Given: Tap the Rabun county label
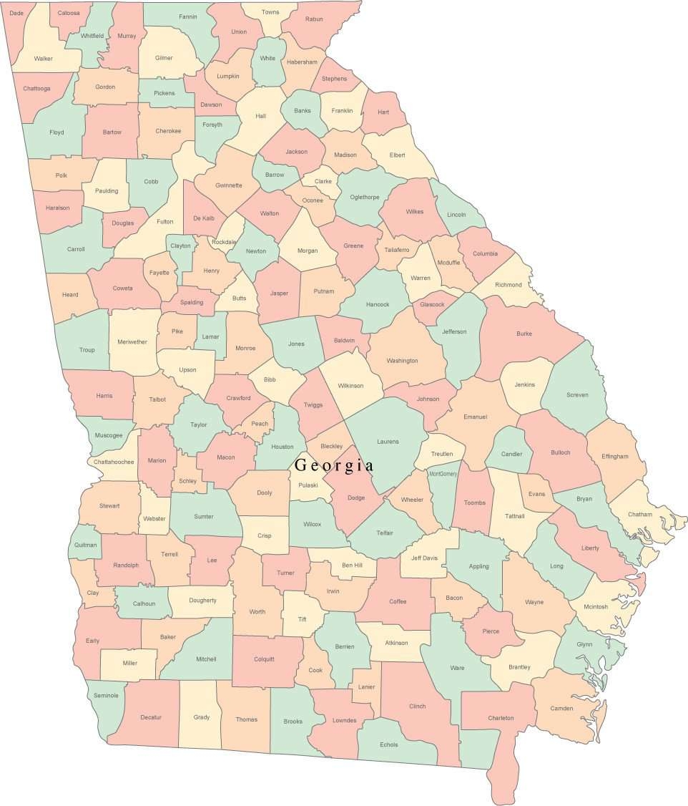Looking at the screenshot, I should pos(313,19).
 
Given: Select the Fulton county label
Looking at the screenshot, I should pos(164,222).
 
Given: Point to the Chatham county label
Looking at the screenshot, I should pos(640,514).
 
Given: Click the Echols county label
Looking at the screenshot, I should pos(389,744).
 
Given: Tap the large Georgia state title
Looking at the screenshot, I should pos(334,465).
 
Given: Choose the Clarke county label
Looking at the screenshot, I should pos(323,182).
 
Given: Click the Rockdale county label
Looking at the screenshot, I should pos(223,242).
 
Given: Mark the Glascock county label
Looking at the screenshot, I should pos(432,304).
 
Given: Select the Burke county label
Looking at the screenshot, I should pos(524,334).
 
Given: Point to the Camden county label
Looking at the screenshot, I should pos(561,709).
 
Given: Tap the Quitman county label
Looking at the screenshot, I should pos(84,545).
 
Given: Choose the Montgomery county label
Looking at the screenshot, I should pos(443,474).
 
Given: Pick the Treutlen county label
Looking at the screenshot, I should pos(441,455).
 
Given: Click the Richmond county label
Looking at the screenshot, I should pos(508,285).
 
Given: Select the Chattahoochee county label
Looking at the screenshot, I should pos(114,462).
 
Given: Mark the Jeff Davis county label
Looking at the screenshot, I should pos(424,558).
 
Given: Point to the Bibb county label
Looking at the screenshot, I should pos(270,379).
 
